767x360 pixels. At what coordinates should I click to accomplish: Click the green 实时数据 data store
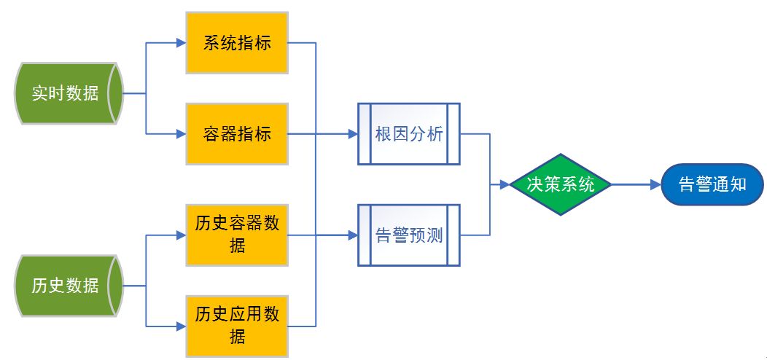coord(67,93)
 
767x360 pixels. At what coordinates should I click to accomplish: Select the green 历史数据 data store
coord(67,286)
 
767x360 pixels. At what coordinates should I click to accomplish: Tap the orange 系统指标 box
coord(237,43)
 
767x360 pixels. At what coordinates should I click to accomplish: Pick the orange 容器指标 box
coord(237,134)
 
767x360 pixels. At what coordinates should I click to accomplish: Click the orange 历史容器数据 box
coord(237,235)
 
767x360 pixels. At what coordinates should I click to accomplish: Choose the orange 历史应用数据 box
coord(237,325)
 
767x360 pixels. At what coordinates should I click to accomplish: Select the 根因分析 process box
coord(408,134)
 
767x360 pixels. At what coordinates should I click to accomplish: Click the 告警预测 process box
coord(408,235)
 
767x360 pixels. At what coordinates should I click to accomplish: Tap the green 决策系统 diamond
coord(560,184)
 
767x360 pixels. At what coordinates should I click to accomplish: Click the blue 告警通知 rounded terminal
coord(712,184)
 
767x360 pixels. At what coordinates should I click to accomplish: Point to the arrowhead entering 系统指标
coord(181,43)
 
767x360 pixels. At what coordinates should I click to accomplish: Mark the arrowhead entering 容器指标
coord(181,134)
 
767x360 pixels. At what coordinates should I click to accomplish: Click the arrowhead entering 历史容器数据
coord(181,235)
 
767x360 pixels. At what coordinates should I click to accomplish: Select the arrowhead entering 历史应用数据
coord(181,325)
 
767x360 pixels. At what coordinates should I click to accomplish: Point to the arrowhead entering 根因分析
coord(353,134)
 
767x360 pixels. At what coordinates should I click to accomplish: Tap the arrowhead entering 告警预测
coord(353,235)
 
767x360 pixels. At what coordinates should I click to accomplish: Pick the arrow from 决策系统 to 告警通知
coord(634,184)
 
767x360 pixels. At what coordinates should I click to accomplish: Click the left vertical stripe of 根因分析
coord(365,134)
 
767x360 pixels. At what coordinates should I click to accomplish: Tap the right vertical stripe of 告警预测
coord(453,235)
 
